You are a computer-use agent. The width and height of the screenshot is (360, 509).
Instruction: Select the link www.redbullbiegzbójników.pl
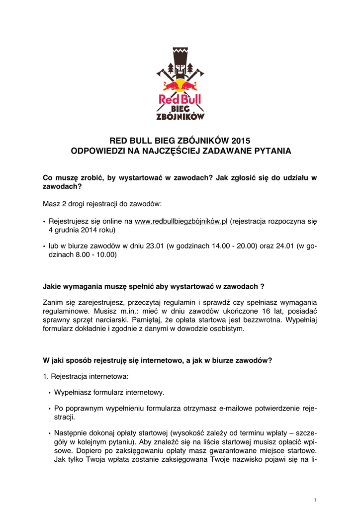[x=181, y=221]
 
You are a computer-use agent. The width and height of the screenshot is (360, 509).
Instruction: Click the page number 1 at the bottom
[x=315, y=499]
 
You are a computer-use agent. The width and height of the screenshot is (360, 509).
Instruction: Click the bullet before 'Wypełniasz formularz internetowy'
[x=49, y=393]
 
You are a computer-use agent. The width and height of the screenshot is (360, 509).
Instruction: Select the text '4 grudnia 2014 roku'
[x=82, y=230]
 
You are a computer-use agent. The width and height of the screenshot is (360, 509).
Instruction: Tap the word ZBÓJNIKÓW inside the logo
[x=180, y=116]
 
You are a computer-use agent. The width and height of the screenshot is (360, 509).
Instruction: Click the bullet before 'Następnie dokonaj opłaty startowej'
[x=49, y=433]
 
